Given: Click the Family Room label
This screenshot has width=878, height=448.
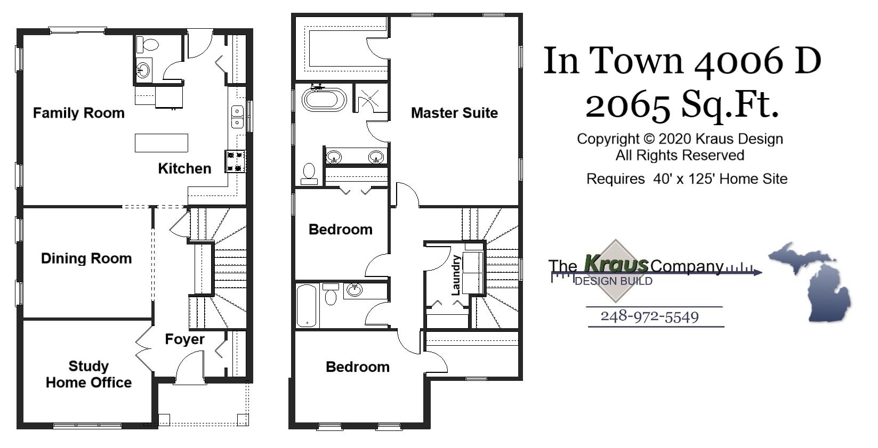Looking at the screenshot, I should coord(78,113).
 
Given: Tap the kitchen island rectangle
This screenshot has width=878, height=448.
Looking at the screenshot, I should coord(161,143).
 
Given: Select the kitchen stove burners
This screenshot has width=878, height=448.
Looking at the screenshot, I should coord(236,161).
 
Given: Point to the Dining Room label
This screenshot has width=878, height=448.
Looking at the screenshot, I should coord(86,258).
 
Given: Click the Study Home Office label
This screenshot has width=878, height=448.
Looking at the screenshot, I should coord(88,374).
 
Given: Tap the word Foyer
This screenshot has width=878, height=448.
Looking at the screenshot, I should coord(184,339).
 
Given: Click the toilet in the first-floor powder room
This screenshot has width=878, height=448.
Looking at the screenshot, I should coord(150,44).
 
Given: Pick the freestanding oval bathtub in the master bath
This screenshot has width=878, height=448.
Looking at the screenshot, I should coord(324,100).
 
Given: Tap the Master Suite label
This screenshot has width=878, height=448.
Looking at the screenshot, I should coord(454,113).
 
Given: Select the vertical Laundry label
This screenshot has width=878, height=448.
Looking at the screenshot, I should coord(456,275).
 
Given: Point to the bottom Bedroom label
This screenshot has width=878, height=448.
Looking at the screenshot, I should coord(357,367).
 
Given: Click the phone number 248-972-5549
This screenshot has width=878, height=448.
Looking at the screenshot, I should coord(649,316).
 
